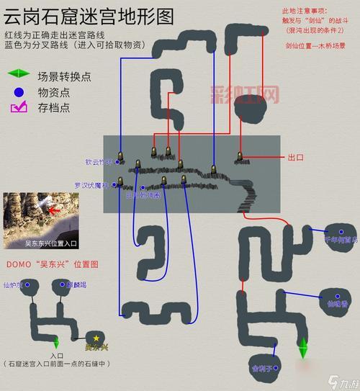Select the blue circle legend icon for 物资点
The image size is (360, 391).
point(17,92)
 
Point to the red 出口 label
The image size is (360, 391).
point(297,157)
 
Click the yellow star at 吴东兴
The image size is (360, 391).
point(95,336)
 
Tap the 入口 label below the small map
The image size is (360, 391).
point(58,355)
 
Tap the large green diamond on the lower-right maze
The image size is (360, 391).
point(304,346)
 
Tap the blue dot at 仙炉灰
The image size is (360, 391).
point(30,286)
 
